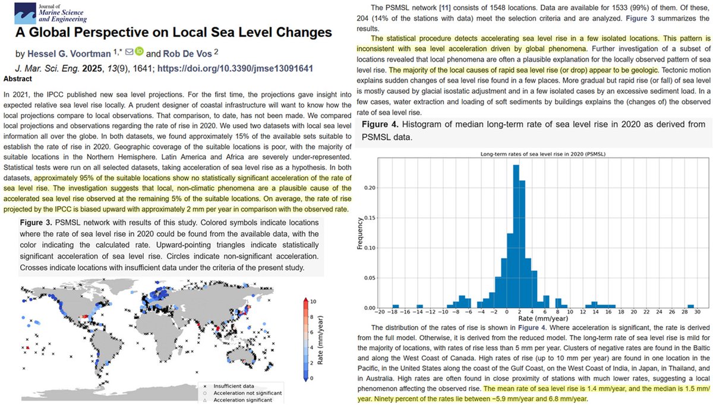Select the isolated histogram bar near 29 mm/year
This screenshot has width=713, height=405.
tap(690, 307)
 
